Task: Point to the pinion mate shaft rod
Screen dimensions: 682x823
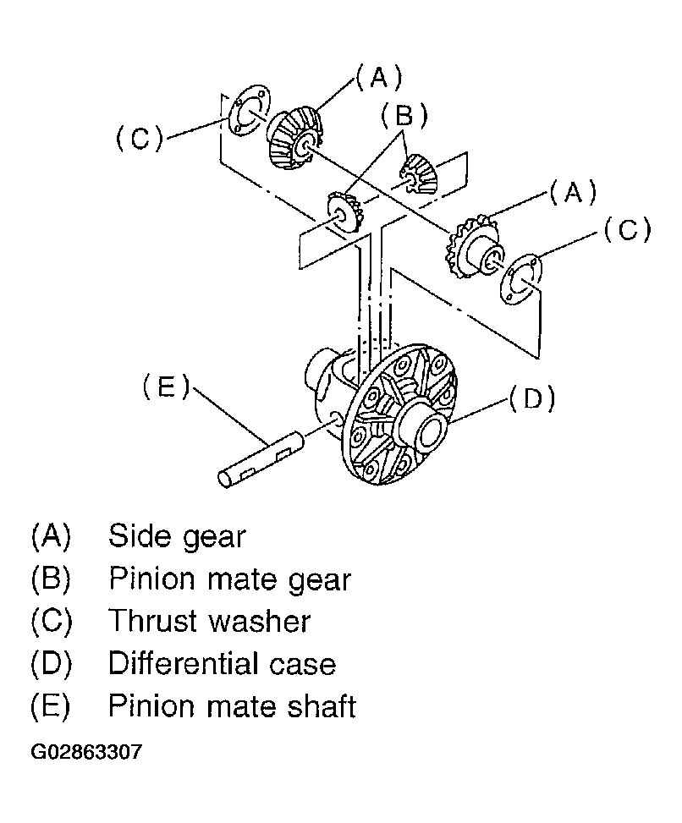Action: point(260,459)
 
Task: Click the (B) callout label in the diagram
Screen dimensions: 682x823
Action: point(404,116)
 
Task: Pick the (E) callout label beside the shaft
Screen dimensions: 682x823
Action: point(166,387)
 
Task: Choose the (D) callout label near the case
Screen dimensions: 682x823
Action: point(532,398)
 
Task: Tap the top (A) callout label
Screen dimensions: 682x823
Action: point(378,77)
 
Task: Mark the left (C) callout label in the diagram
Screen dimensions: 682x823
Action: point(140,139)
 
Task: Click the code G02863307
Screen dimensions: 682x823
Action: point(86,752)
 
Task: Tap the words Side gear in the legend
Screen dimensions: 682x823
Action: point(177,537)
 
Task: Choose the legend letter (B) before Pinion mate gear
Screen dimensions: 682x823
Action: point(51,579)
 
